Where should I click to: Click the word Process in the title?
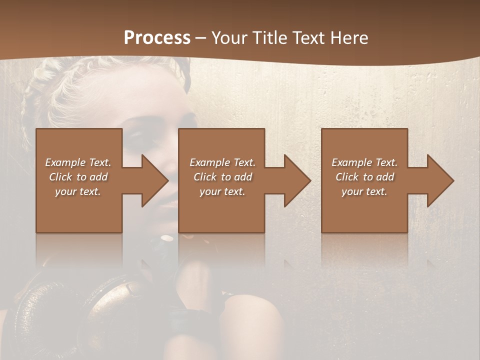coord(157,38)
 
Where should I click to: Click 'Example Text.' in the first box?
coord(78,162)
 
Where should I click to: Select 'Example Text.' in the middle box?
coord(222,162)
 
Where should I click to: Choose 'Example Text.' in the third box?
coord(364,162)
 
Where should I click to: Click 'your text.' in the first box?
coord(78,191)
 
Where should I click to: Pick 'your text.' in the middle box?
coord(222,191)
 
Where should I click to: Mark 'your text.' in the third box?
coord(364,191)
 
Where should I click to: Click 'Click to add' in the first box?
coord(78,177)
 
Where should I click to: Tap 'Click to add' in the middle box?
coord(222,177)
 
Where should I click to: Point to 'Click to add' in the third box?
coord(364,177)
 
